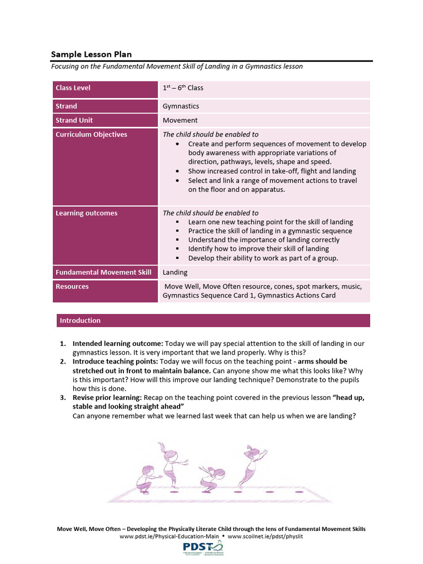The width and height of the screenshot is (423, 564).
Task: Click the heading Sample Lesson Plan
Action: tap(91, 55)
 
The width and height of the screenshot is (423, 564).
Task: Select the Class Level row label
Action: tap(73, 88)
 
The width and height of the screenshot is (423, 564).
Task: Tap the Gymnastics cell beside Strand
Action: tap(181, 106)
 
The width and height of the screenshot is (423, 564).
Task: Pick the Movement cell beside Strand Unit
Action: tap(180, 121)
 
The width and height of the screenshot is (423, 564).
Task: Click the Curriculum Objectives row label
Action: tap(91, 135)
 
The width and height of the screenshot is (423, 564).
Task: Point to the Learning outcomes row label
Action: tap(86, 213)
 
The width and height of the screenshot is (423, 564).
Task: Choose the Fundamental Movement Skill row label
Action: tap(104, 273)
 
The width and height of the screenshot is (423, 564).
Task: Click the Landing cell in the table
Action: tap(175, 273)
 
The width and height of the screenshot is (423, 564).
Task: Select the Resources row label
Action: tap(72, 287)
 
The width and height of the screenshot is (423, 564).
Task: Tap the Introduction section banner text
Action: tap(80, 321)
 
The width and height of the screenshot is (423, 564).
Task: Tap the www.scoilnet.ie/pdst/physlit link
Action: tap(265, 536)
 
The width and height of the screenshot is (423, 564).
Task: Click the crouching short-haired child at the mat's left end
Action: tap(145, 479)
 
